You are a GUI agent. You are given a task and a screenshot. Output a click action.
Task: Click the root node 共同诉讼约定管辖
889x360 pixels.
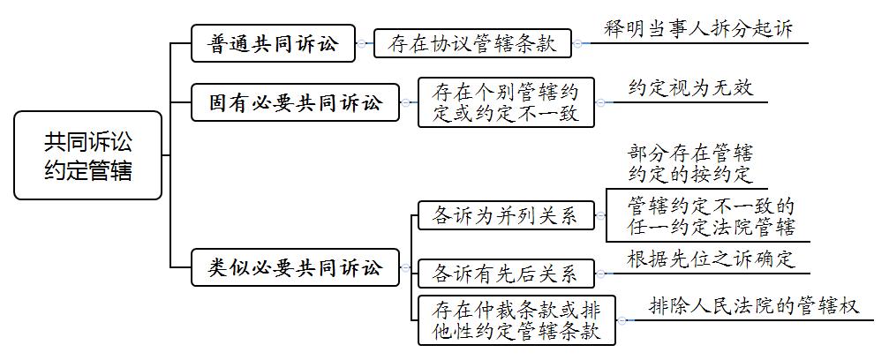(88, 155)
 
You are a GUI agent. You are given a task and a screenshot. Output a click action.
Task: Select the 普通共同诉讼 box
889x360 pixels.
(274, 43)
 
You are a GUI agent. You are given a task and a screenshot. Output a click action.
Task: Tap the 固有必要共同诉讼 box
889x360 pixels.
(296, 102)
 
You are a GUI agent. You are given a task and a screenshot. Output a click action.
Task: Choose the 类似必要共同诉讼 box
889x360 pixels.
(296, 267)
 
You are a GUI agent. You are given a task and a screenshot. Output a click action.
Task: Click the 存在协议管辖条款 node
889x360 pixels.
(473, 43)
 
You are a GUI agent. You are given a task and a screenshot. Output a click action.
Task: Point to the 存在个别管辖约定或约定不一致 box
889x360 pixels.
(507, 102)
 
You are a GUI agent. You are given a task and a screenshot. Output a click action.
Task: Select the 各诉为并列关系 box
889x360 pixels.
(507, 215)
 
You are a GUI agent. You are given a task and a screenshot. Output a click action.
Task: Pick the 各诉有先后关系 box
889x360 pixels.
(507, 274)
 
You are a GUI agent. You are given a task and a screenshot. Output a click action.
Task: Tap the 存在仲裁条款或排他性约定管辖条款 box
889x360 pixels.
(517, 320)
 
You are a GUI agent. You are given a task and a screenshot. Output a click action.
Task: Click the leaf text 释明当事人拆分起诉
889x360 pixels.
(698, 28)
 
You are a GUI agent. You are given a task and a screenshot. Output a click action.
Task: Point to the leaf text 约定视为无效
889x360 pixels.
(690, 88)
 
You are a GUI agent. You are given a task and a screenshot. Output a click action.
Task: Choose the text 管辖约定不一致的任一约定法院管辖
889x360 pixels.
(712, 216)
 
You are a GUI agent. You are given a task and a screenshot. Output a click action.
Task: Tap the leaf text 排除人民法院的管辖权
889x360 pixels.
(754, 306)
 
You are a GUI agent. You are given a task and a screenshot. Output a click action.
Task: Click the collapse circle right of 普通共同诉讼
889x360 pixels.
(361, 43)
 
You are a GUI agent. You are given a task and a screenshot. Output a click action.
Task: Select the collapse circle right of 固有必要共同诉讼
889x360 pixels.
(405, 102)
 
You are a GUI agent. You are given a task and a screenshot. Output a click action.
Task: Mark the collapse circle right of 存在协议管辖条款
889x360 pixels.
(577, 43)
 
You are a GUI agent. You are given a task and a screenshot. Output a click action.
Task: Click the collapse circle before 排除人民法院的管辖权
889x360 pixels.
(622, 320)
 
